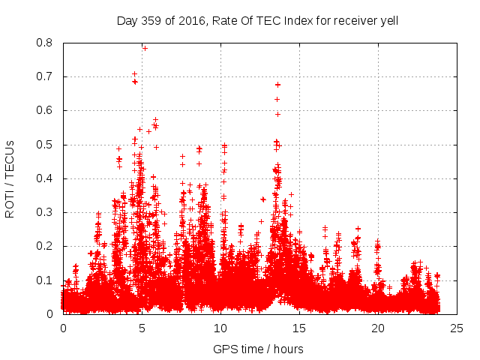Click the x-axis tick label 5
[142, 328]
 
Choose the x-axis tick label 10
[220, 328]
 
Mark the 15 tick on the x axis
[299, 328]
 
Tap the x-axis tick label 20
[378, 328]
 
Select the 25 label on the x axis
[457, 328]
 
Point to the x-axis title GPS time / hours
[258, 349]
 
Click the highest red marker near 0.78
[145, 48]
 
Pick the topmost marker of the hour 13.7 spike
[277, 85]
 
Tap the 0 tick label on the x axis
[63, 328]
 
